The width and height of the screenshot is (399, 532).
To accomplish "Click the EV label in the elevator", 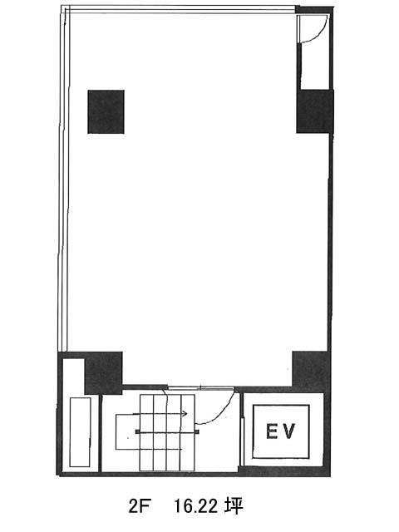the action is pyautogui.click(x=281, y=431).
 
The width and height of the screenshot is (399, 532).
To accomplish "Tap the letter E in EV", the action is pyautogui.click(x=272, y=431).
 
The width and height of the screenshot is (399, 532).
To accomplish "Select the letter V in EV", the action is pyautogui.click(x=288, y=431).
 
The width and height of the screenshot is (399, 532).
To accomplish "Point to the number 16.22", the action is pyautogui.click(x=195, y=507).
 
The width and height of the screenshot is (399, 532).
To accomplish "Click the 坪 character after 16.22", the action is pyautogui.click(x=233, y=506).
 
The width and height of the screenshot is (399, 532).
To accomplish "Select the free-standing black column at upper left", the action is pyautogui.click(x=106, y=111).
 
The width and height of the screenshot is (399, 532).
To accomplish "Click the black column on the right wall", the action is pyautogui.click(x=314, y=111).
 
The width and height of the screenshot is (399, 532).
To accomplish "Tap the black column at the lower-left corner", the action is pyautogui.click(x=103, y=372).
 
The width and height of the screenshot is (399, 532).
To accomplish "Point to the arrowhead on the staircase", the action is pyautogui.click(x=185, y=413).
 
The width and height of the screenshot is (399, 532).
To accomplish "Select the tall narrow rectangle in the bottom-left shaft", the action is pyautogui.click(x=80, y=432).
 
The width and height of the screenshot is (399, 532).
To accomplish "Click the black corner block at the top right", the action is pyautogui.click(x=314, y=10).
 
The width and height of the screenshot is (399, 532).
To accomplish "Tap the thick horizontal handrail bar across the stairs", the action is pyautogui.click(x=167, y=431).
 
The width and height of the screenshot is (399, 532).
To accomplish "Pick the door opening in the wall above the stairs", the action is pyautogui.click(x=201, y=387).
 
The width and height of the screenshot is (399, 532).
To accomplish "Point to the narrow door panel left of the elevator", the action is pyautogui.click(x=242, y=441).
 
